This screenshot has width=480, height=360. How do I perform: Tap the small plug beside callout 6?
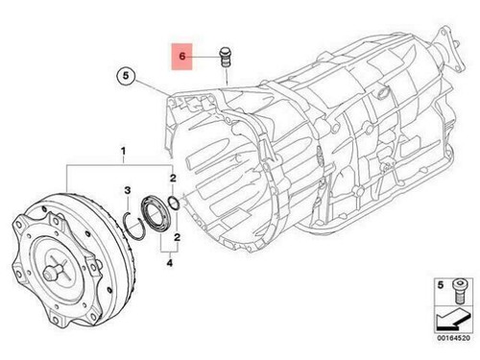click(x=227, y=56)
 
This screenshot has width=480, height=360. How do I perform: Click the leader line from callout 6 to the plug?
click(x=204, y=59)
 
